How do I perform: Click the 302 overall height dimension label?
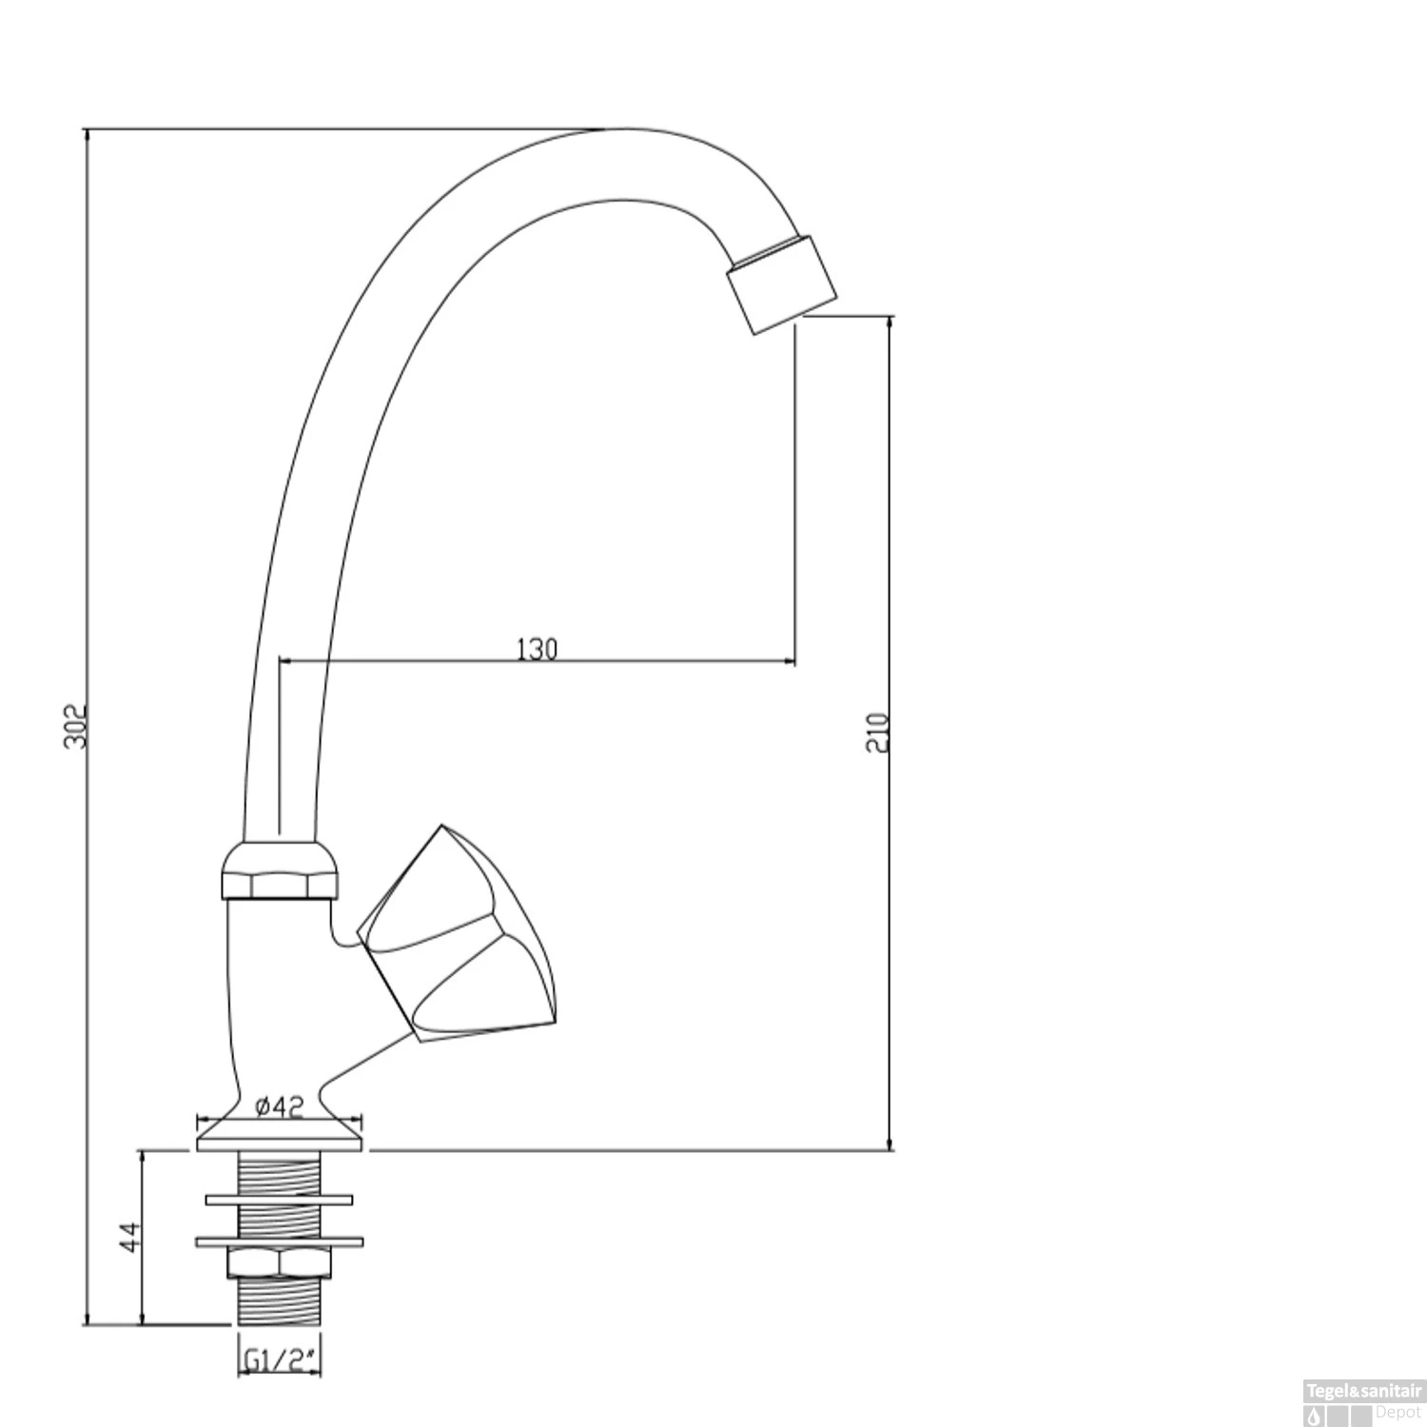click(75, 726)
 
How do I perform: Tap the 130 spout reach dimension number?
click(537, 649)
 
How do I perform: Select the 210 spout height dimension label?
click(878, 733)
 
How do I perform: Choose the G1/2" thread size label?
click(279, 1362)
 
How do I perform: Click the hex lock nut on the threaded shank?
click(279, 1262)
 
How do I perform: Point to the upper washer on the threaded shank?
click(279, 1200)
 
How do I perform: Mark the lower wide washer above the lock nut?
click(279, 1241)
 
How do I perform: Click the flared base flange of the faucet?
click(280, 1135)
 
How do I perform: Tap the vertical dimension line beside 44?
click(143, 1284)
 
